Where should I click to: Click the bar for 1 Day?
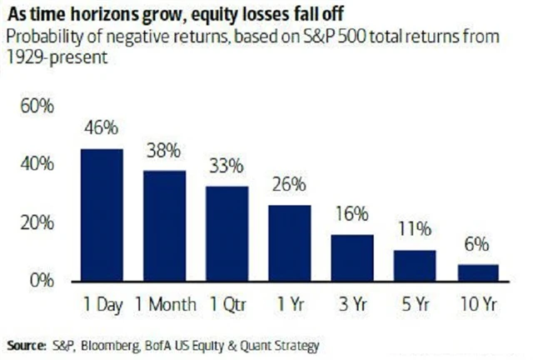point(102,217)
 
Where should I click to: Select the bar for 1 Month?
point(164,227)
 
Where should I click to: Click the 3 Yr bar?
point(352,259)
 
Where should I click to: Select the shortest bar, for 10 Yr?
point(478,274)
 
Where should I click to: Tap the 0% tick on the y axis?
point(42,281)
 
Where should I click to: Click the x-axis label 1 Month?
point(164,303)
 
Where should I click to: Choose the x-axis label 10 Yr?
point(478,303)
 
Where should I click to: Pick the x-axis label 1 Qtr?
point(227,303)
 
